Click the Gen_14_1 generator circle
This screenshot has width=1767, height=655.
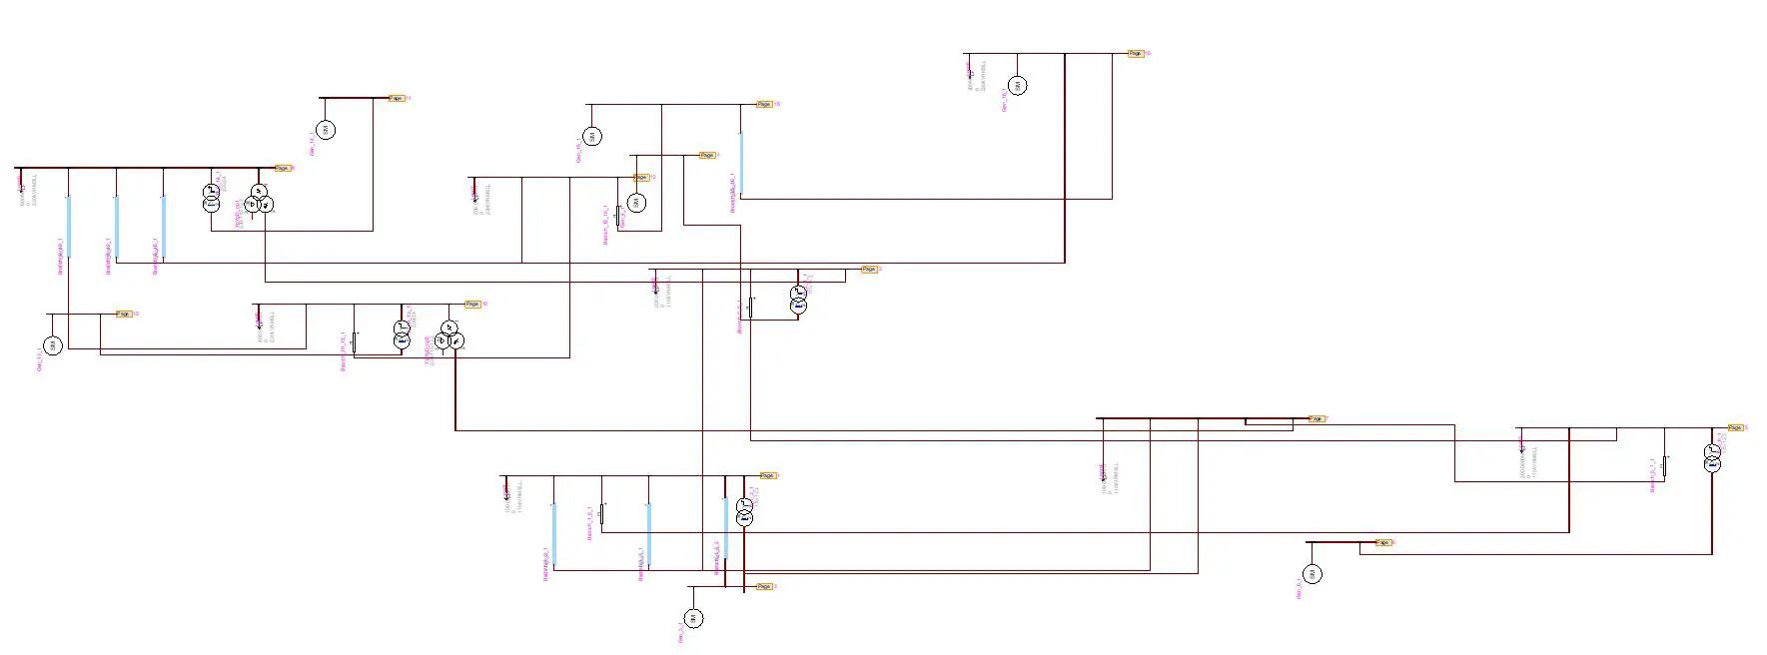(326, 130)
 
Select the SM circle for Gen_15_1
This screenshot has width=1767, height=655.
(592, 136)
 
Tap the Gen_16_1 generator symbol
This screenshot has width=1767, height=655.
(1017, 86)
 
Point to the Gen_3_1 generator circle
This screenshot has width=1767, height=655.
(694, 618)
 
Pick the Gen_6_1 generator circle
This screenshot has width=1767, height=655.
(1314, 573)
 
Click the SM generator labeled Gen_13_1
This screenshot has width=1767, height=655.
(53, 345)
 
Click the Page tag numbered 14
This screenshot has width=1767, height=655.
(397, 98)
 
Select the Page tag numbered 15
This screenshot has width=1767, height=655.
(764, 104)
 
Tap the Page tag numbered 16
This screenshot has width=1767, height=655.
(1136, 53)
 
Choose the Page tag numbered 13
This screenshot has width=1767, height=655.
(124, 314)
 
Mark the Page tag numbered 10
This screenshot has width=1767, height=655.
(472, 304)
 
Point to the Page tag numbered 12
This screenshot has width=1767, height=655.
(641, 177)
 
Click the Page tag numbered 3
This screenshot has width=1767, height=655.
(764, 586)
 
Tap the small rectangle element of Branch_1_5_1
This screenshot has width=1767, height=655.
(602, 513)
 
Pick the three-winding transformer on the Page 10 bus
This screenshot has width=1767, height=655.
(449, 335)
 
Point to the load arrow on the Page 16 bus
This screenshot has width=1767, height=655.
(968, 70)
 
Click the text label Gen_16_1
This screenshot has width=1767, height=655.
(1004, 100)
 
